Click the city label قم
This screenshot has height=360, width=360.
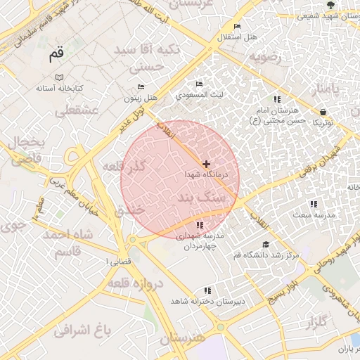click(57, 53)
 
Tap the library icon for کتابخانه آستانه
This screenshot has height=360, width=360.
click(59, 77)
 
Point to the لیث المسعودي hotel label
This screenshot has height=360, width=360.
click(200, 94)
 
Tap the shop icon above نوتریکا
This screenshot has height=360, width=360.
click(322, 112)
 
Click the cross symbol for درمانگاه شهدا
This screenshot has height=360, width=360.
click(205, 163)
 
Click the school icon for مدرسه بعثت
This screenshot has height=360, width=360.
click(314, 204)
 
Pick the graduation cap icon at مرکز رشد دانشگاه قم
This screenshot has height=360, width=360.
click(265, 245)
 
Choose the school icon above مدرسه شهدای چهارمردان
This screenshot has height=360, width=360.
click(200, 225)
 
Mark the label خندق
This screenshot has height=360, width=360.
click(127, 210)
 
